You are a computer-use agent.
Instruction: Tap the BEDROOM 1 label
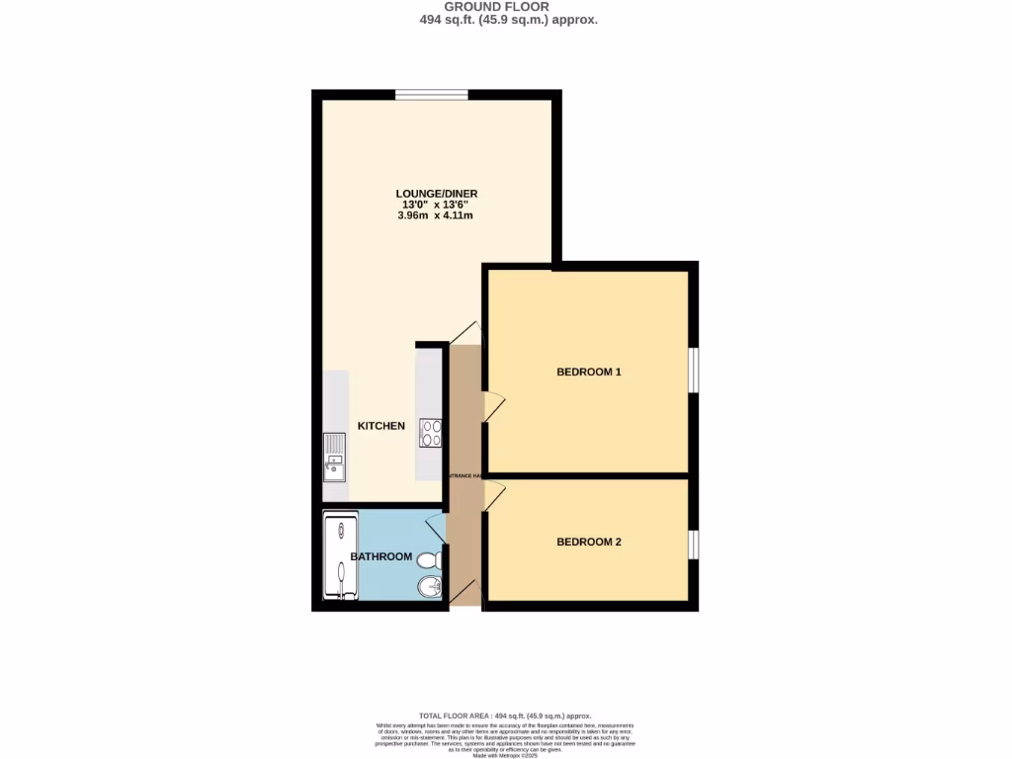point(589,373)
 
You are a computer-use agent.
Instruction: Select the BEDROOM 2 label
point(589,542)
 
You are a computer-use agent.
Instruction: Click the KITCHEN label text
point(381,426)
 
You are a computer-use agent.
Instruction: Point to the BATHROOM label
point(381,556)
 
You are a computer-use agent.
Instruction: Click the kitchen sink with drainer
point(335,456)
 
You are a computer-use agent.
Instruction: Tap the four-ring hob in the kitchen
point(432,432)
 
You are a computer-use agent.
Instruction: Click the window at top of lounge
point(432,95)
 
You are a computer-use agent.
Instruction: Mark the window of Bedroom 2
point(694,545)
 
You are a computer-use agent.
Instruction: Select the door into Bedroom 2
point(494,493)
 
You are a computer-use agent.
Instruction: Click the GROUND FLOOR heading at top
point(505,6)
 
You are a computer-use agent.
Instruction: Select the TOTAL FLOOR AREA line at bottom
point(505,716)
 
